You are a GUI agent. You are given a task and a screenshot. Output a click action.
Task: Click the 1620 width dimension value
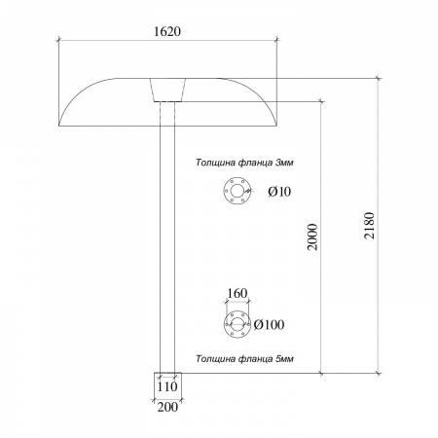[x=167, y=31]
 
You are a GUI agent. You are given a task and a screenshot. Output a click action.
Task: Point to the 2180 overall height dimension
[x=369, y=226]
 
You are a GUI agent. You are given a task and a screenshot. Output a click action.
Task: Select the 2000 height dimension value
[x=312, y=237]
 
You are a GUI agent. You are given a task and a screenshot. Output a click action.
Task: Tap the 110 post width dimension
[x=167, y=386]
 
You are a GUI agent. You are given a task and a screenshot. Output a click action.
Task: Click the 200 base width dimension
[x=167, y=407]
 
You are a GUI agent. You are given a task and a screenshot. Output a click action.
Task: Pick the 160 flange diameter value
[x=237, y=293]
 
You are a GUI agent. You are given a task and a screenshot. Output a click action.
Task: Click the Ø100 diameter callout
[x=269, y=324]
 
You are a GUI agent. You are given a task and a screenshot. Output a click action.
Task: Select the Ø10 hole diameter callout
[x=279, y=192]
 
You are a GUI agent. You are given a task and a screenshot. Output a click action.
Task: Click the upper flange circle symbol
[x=237, y=191]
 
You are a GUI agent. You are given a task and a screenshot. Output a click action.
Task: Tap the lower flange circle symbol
[x=237, y=324]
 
